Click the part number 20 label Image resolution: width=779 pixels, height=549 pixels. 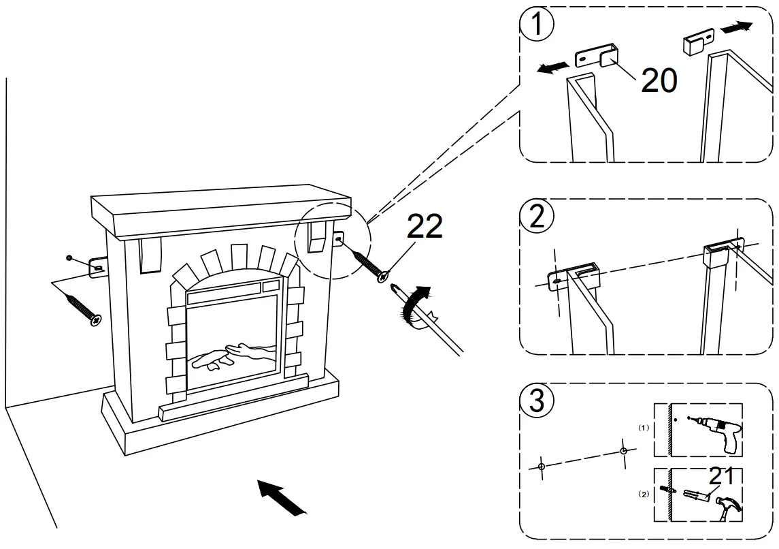659,81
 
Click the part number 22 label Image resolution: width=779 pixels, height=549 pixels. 425,227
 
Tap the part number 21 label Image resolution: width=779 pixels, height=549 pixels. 721,477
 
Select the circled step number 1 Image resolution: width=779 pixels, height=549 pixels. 537,26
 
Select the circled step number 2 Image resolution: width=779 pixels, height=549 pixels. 537,217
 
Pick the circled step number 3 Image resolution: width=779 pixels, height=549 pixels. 537,401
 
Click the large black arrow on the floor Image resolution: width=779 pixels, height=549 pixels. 281,496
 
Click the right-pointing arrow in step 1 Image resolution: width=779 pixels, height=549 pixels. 736,28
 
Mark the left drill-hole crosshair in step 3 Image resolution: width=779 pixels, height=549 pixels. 541,467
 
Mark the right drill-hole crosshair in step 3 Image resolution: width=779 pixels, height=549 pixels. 623,451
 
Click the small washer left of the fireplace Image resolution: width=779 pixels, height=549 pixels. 69,257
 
